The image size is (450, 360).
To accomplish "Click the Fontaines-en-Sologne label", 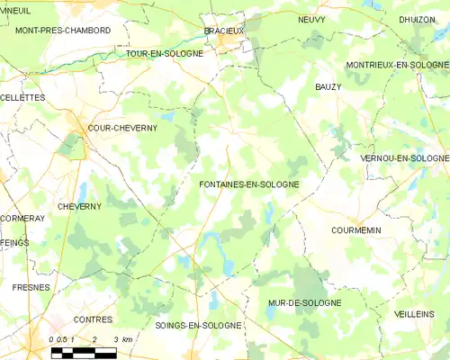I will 249,184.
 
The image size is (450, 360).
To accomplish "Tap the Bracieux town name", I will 224,31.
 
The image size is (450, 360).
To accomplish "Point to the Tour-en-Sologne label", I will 165,53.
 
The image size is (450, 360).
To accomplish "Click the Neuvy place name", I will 311,18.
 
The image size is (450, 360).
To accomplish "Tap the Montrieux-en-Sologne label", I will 397,65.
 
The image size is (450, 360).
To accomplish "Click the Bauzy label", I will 328,86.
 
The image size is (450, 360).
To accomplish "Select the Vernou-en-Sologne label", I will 404,158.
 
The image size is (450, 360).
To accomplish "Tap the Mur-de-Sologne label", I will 304,303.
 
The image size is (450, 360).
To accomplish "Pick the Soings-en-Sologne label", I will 198,325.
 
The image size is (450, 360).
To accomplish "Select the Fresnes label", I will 31,287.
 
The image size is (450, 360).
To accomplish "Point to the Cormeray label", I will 22,219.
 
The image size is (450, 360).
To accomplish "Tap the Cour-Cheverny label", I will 122,128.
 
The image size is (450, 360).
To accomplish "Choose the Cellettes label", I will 22,97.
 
